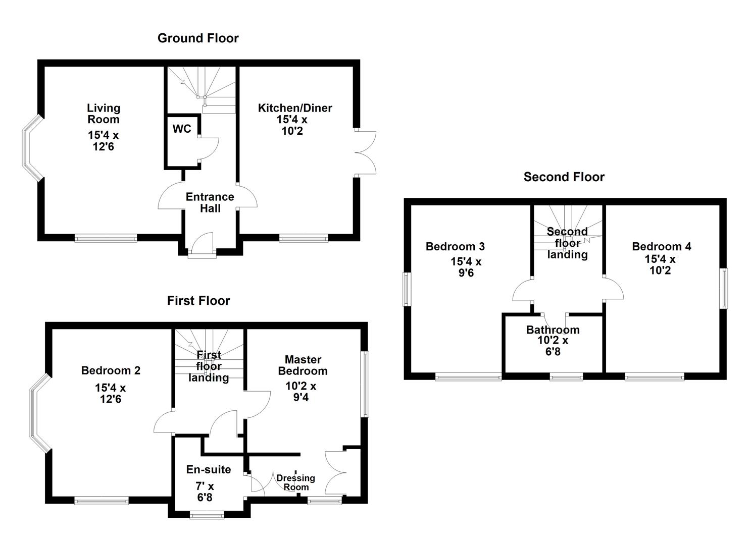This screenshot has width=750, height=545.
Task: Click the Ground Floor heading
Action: coord(198,38)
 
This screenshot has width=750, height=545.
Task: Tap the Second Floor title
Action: coord(564,177)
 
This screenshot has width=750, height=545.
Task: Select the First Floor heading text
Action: coord(198,300)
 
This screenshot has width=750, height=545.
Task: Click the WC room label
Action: coord(182,129)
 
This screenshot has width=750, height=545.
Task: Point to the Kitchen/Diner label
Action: coord(294,107)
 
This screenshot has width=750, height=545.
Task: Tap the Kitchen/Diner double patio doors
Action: coord(366,152)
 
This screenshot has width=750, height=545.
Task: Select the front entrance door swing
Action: coord(202,243)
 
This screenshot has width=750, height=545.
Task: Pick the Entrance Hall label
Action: coord(210,202)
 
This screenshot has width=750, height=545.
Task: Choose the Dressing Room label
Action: coord(295,482)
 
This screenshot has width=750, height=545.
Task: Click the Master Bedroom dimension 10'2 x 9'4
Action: coord(301,392)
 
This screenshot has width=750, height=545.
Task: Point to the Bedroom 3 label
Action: coord(455,246)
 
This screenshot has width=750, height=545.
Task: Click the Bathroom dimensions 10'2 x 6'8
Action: coord(553,346)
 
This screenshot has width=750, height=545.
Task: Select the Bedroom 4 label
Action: coord(661,246)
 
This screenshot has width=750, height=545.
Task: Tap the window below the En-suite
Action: coord(207,515)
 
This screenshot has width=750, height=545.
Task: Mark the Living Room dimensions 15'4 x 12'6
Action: coord(103,141)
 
